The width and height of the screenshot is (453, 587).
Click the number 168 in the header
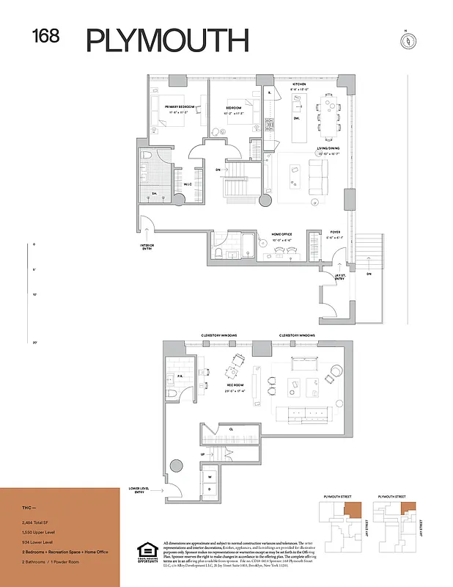45,36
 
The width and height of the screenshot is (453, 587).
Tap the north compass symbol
404,40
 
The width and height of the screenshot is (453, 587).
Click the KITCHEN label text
299,85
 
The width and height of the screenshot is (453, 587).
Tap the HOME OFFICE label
282,235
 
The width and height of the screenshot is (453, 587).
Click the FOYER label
334,235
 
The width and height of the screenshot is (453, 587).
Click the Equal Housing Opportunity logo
148,552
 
